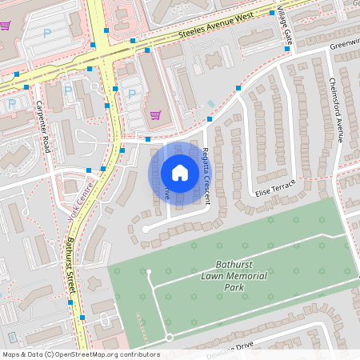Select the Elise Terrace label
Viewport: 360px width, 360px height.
tap(276, 189)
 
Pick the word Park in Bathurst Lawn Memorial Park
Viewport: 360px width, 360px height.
tap(233, 287)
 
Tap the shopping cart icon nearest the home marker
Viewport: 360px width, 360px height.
tap(155, 114)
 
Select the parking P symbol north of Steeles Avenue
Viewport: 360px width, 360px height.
tap(46, 34)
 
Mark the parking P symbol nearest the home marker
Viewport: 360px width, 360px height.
tap(131, 93)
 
